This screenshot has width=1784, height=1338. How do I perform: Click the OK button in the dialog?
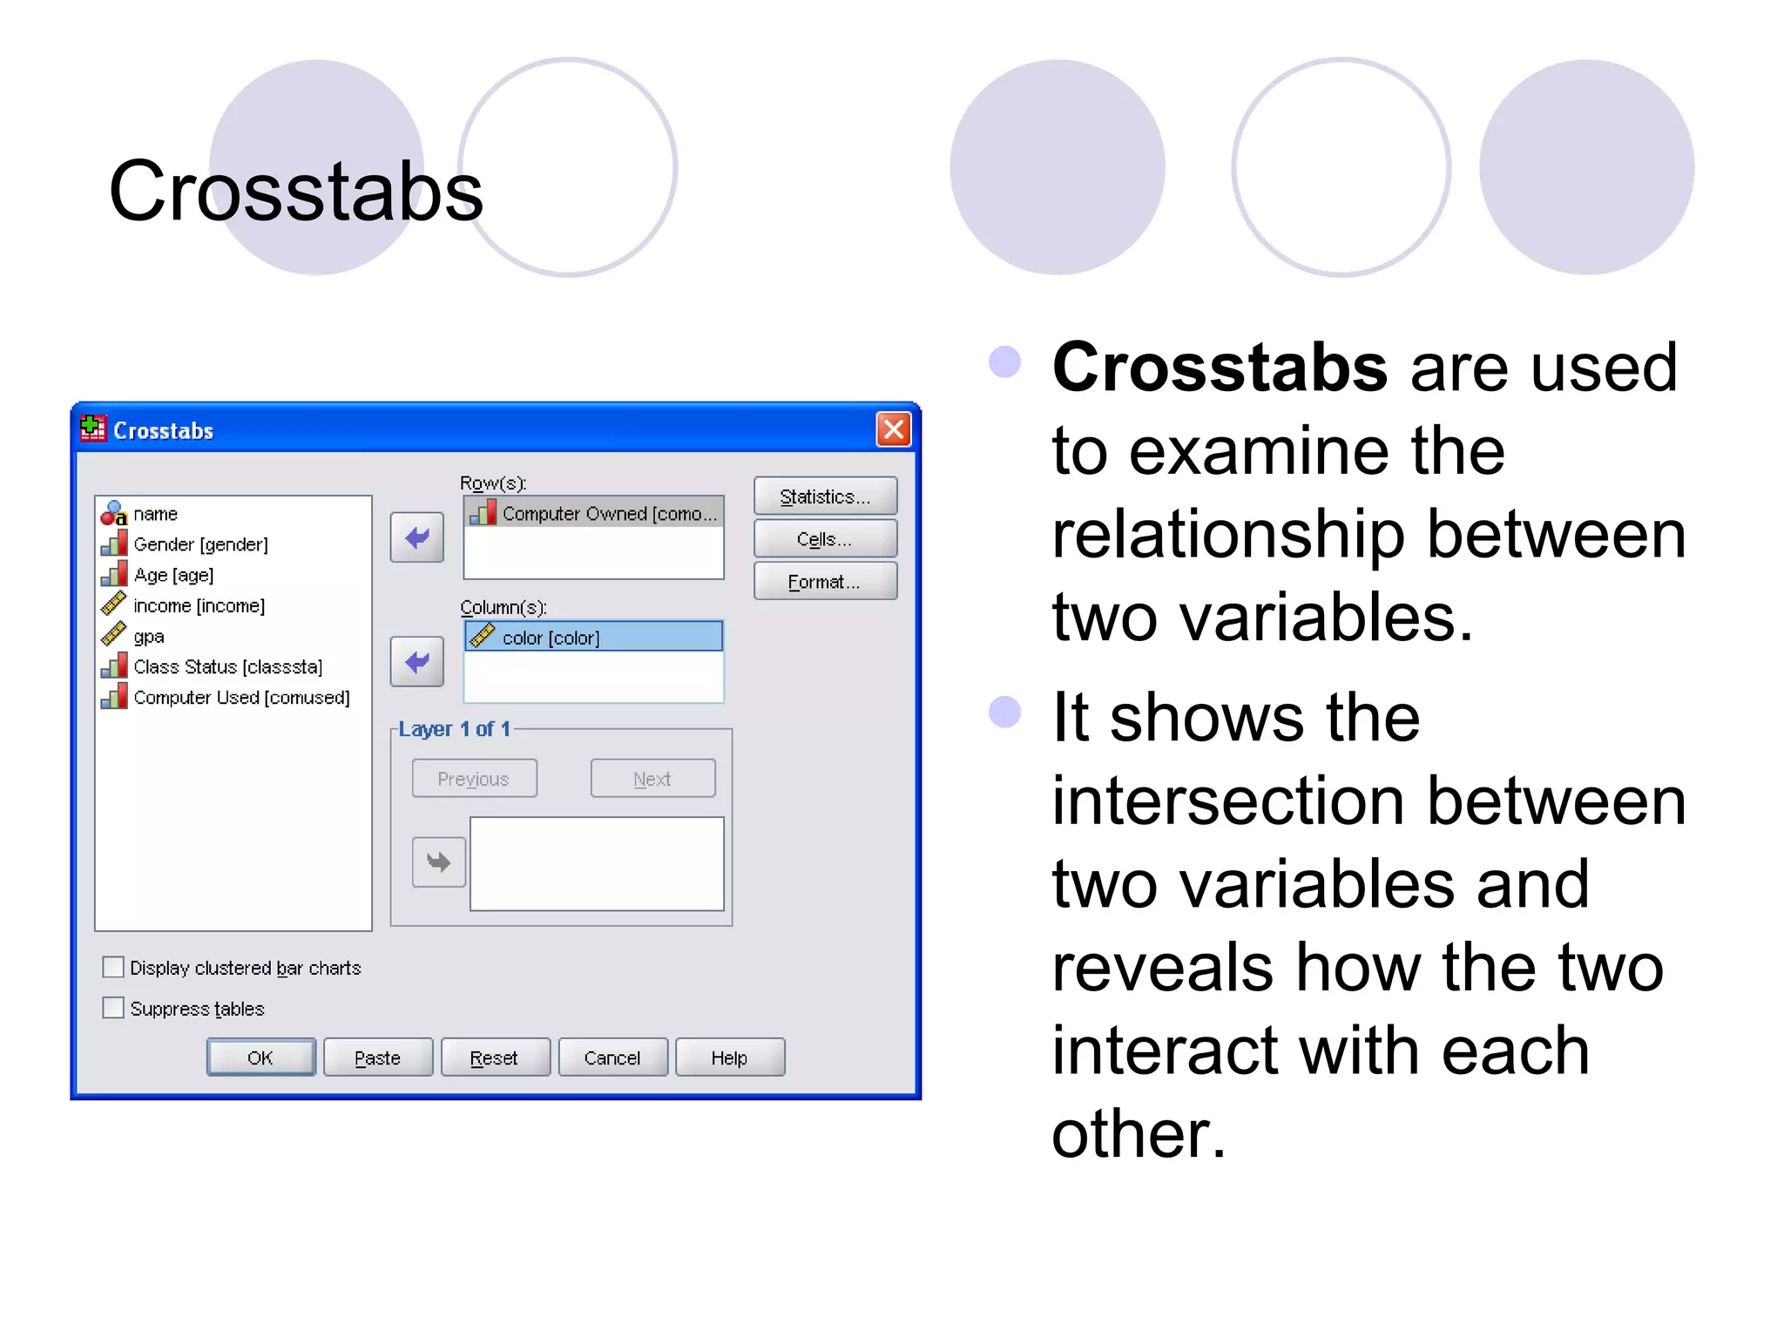click(x=260, y=1058)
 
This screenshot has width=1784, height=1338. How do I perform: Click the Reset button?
click(x=495, y=1058)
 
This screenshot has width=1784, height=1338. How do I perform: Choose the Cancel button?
click(x=612, y=1058)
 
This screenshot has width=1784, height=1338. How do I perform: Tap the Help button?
click(x=730, y=1058)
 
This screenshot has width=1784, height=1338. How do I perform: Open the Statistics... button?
click(x=825, y=497)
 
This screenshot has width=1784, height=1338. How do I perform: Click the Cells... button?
click(x=825, y=539)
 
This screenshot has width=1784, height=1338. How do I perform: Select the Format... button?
click(x=825, y=582)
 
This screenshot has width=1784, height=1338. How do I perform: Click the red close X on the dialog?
click(x=894, y=429)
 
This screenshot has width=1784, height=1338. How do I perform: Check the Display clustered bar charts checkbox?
click(x=113, y=967)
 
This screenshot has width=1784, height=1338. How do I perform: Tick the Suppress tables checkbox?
click(x=113, y=1008)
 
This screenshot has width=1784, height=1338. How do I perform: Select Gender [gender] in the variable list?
click(x=200, y=544)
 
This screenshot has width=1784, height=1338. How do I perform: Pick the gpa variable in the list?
click(x=149, y=637)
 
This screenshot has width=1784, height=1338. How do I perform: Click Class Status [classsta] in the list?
click(x=227, y=667)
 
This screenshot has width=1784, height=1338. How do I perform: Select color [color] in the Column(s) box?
click(x=551, y=638)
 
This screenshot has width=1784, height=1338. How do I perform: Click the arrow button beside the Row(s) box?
click(x=417, y=537)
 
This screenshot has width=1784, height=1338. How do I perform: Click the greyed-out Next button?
click(x=652, y=779)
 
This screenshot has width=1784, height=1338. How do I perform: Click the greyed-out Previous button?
click(x=474, y=779)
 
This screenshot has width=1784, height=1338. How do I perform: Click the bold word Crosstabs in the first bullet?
click(x=1220, y=368)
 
